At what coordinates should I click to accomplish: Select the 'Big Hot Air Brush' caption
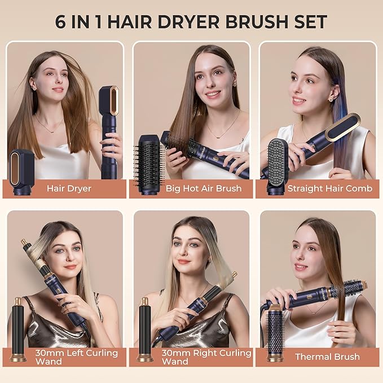click(x=203, y=188)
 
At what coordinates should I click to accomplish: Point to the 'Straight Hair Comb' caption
click(x=330, y=188)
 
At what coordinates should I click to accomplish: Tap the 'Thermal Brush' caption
click(x=327, y=356)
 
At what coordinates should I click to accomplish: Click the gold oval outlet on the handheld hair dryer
click(x=113, y=100)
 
